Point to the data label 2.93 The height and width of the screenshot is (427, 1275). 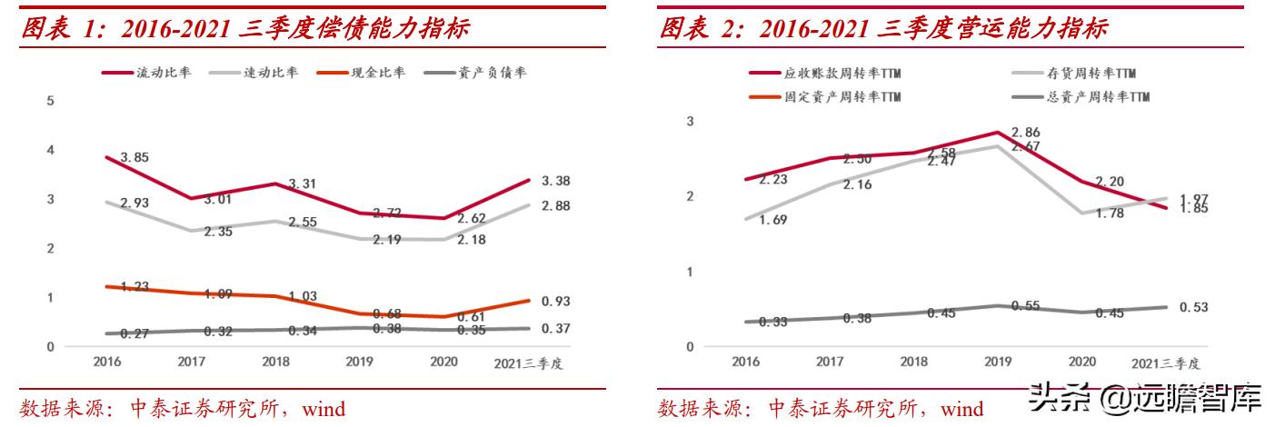[x=134, y=203]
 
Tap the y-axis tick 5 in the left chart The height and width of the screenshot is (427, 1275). [x=51, y=101]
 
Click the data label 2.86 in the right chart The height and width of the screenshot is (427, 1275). [x=1026, y=133]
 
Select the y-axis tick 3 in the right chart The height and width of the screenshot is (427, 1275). [x=690, y=121]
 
